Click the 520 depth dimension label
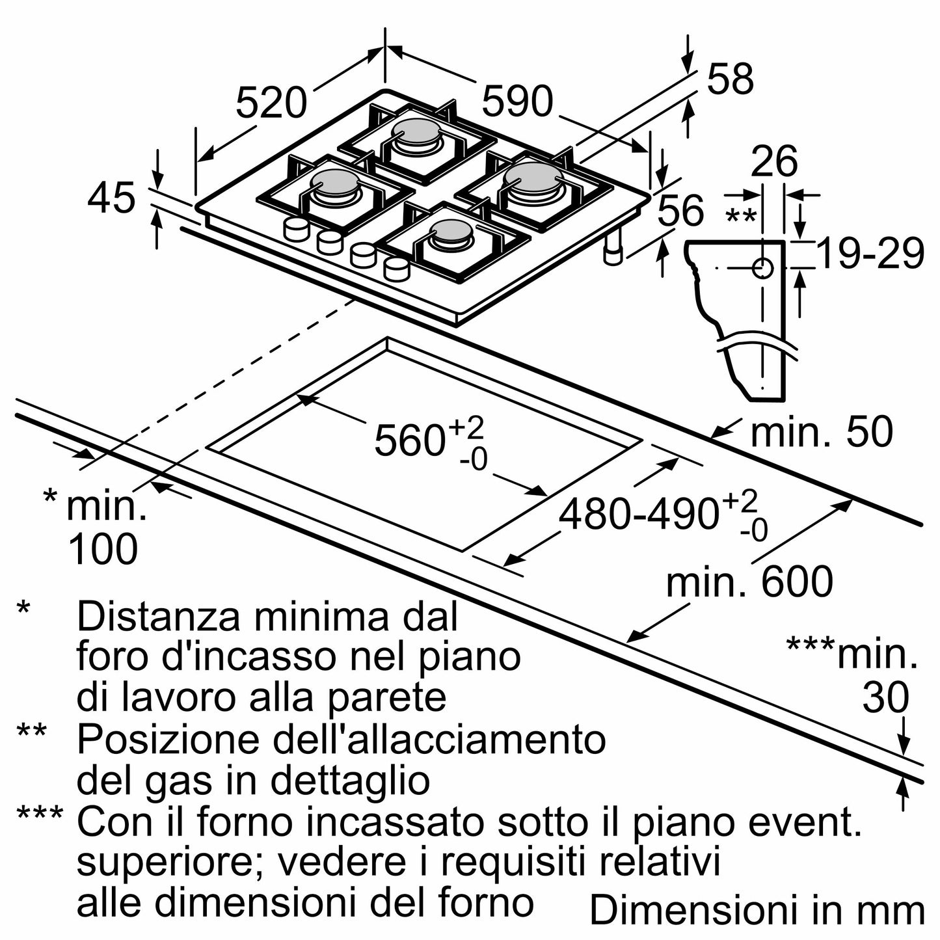270,103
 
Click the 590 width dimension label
517,102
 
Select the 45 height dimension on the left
111,198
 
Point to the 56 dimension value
680,211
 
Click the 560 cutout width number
409,440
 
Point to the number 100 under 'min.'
103,549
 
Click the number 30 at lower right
885,697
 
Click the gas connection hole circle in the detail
762,267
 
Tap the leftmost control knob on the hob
296,228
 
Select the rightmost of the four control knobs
396,267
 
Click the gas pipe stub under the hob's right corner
613,249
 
